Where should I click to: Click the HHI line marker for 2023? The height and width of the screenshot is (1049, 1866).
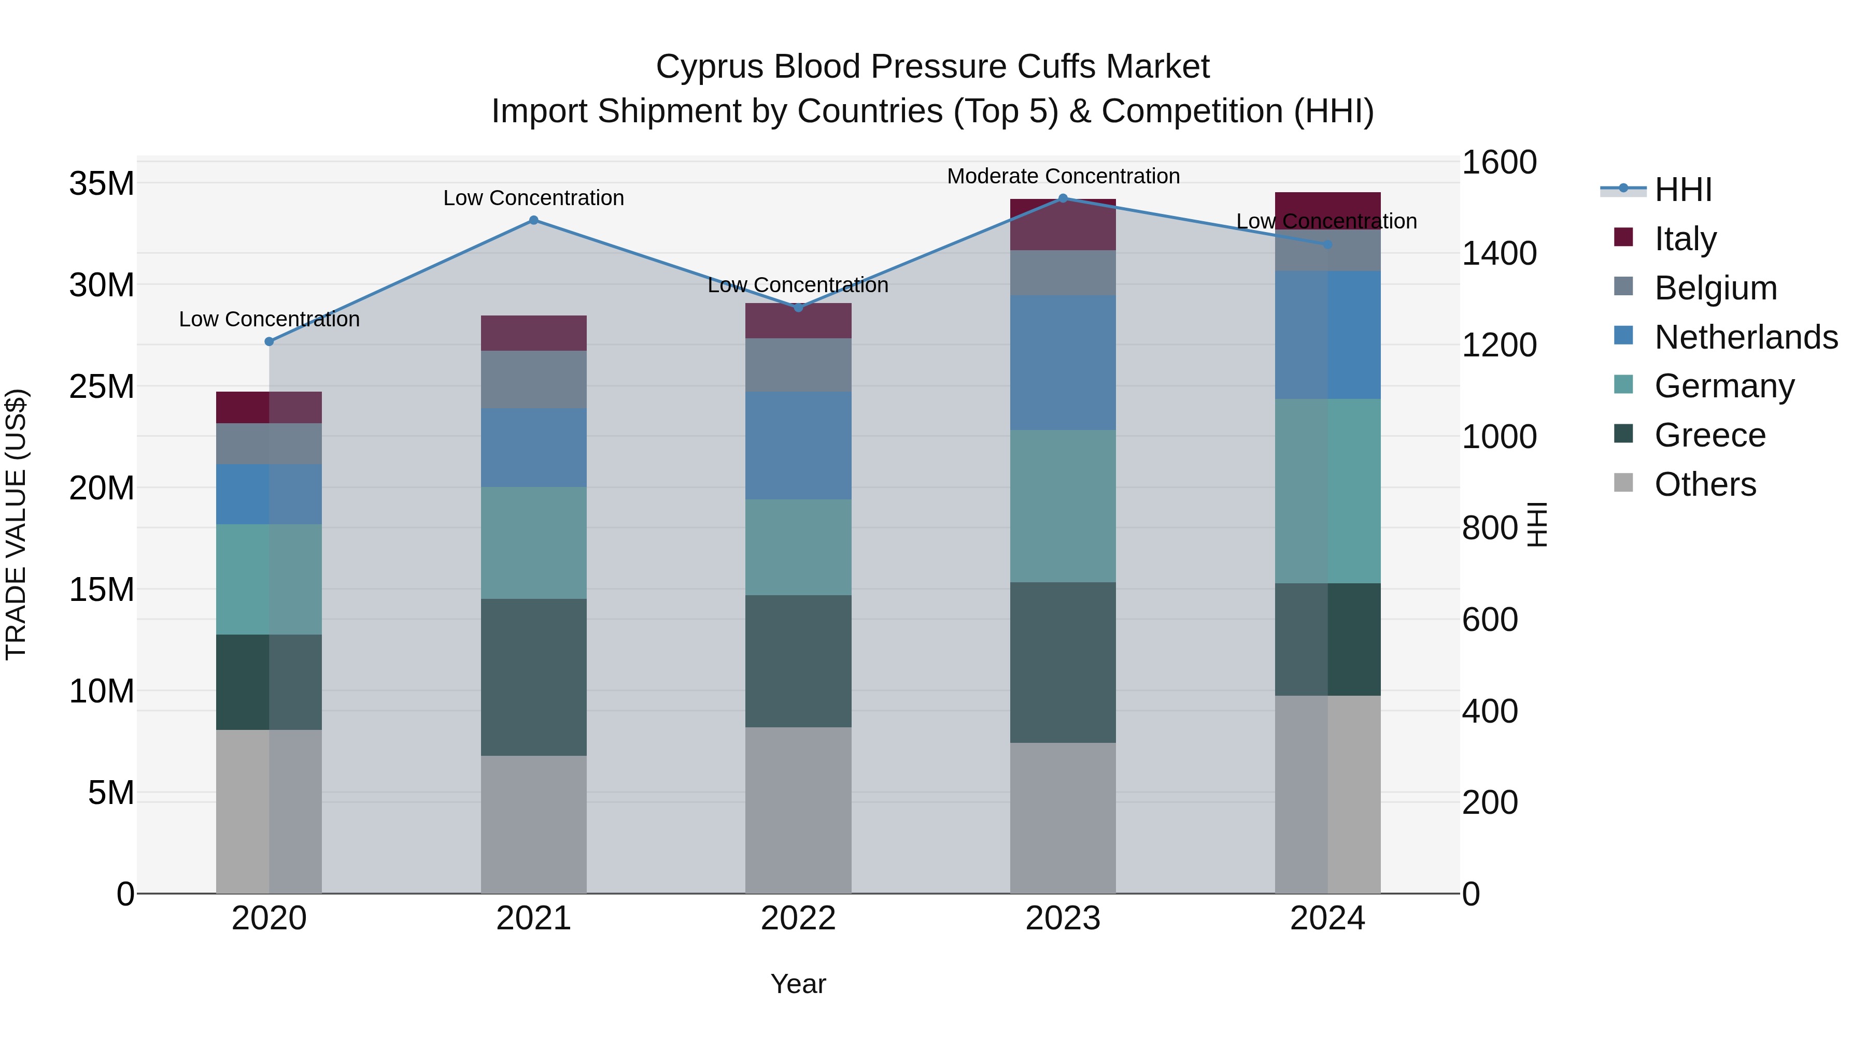pos(1063,198)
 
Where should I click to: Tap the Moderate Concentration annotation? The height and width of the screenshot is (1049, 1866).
pos(1063,176)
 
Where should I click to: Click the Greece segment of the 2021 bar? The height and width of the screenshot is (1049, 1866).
pos(533,677)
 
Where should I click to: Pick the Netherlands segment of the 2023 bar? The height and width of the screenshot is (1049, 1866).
pos(1063,362)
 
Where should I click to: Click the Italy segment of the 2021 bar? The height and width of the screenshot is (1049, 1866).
pos(533,333)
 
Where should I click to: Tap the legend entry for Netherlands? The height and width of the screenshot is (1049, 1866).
pos(1746,337)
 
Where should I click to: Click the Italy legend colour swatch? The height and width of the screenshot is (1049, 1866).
pos(1623,237)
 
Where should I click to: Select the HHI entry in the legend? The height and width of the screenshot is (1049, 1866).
pos(1683,190)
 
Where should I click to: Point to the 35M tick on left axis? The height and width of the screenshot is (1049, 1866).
pos(102,184)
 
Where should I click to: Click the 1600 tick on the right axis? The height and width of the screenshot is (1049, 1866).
pos(1499,162)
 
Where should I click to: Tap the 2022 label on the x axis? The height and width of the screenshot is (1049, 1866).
pos(798,918)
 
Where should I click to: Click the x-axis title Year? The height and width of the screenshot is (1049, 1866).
pos(798,984)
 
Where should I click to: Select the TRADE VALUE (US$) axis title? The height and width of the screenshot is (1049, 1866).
pos(16,524)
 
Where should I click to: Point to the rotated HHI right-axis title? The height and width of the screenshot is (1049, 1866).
pos(1536,524)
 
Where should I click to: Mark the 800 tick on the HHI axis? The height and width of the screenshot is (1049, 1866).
pos(1489,528)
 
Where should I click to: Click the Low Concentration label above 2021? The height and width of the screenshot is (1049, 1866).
pos(533,198)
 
